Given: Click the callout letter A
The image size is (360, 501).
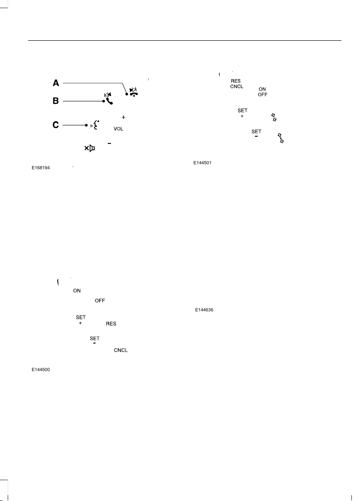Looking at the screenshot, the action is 56,83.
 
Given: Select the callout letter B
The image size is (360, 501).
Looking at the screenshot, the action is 56,101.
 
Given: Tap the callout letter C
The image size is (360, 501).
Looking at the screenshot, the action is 56,125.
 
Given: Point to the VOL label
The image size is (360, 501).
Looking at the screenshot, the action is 118,129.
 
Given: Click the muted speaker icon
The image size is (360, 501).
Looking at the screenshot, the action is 90,148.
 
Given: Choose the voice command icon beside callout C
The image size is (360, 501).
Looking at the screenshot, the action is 95,125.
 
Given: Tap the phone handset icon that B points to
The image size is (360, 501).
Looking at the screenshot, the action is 109,99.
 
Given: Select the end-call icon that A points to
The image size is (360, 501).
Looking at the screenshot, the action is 134,92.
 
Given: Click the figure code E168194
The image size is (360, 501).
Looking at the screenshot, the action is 41,168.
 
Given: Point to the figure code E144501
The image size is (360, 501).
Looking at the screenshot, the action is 202,162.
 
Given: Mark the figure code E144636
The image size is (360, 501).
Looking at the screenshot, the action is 204,310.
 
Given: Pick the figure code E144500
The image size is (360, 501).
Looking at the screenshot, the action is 41,370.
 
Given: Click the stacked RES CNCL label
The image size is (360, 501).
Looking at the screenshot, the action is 236,84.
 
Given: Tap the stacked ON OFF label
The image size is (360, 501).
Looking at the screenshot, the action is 263,92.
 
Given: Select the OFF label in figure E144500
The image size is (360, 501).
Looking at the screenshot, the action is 100,301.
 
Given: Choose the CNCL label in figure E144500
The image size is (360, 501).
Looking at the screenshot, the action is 121,350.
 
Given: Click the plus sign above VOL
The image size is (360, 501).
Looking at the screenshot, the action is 124,118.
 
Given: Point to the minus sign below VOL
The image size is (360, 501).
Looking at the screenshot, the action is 109,143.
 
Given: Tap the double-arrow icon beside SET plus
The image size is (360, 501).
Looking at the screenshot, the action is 274,117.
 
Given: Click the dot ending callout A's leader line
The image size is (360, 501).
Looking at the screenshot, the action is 127,94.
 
